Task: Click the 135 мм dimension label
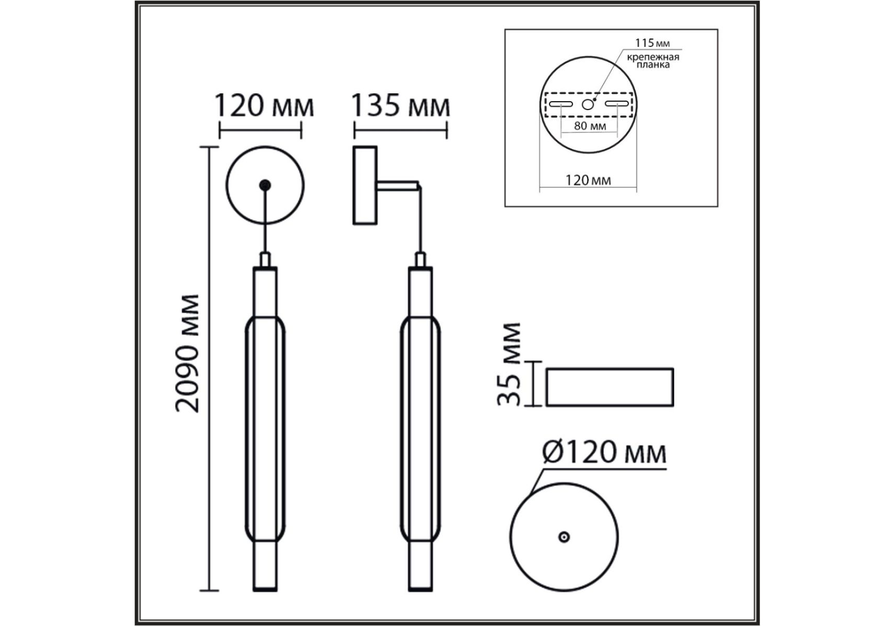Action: pos(400,105)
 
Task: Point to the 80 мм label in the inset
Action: pos(590,126)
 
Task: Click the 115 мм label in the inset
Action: pos(652,43)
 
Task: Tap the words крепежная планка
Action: pos(653,61)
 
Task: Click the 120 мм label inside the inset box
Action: pos(588,180)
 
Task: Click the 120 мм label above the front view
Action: pos(265,105)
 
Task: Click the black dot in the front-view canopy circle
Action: pos(266,185)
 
